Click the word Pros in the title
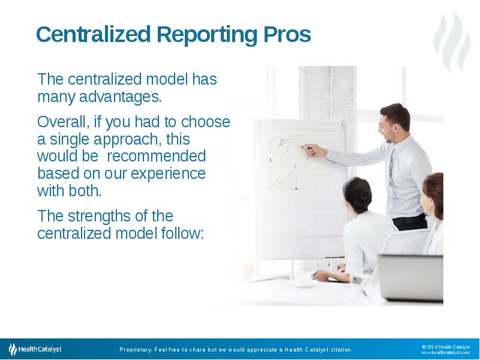click(x=287, y=35)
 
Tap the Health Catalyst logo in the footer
click(x=35, y=349)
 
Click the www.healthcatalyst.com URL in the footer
click(x=445, y=353)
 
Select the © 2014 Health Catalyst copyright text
click(x=445, y=346)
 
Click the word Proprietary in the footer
click(x=135, y=350)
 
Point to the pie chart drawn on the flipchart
click(x=280, y=145)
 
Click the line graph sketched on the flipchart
click(x=283, y=174)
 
